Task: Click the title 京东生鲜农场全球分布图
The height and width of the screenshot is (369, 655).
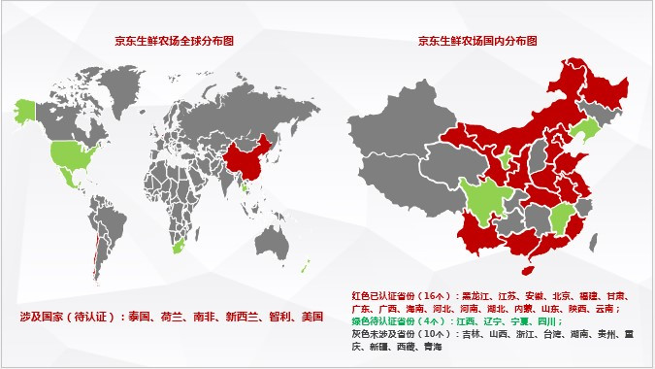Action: [174, 41]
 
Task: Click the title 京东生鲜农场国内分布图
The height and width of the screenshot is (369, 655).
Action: [477, 41]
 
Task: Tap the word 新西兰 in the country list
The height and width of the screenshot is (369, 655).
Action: [241, 317]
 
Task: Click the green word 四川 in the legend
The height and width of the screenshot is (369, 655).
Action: [546, 320]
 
